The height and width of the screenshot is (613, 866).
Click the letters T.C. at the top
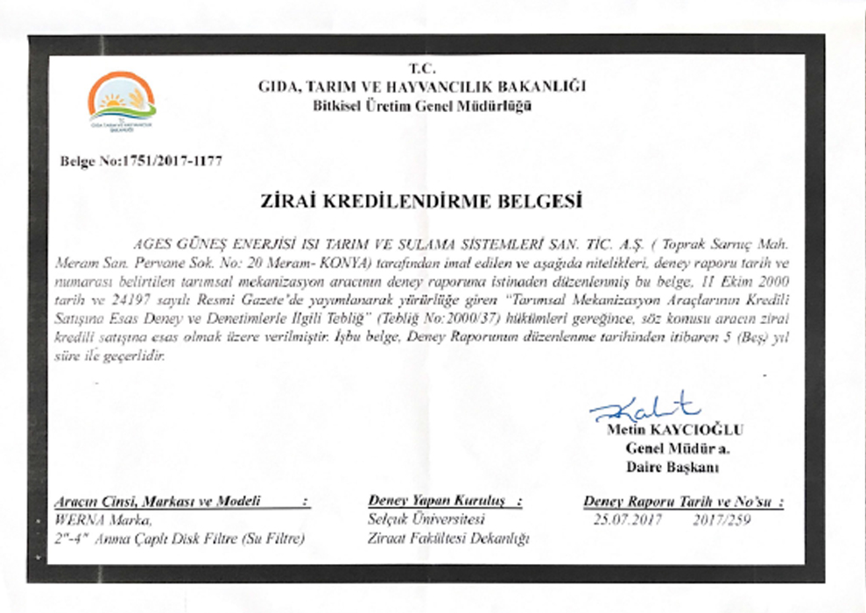[x=421, y=68]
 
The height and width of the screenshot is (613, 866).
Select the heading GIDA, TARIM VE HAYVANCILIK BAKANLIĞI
[x=421, y=87]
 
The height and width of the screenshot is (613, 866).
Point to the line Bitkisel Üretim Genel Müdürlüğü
[x=421, y=106]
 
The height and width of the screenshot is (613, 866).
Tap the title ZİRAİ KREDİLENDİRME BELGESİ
[x=421, y=202]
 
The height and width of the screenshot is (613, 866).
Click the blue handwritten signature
[x=644, y=408]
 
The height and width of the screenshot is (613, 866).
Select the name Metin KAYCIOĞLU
[x=674, y=430]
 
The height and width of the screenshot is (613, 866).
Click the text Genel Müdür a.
[x=678, y=448]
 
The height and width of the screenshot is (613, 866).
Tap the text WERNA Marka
[x=96, y=520]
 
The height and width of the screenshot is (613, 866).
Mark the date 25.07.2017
[x=627, y=519]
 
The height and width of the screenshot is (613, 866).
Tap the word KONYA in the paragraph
[x=349, y=263]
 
